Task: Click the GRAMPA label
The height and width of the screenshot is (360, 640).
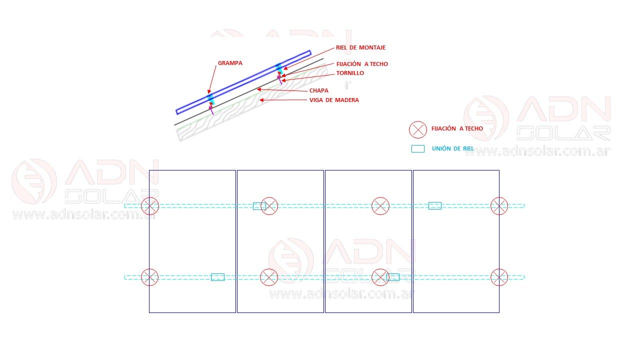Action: pos(230,63)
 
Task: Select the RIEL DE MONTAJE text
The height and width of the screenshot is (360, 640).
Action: pos(360,47)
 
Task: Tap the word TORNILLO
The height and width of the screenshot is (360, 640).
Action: pos(350,73)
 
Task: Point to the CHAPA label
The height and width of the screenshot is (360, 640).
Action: pos(318,90)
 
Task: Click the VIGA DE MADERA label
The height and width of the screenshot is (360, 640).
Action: pos(334,100)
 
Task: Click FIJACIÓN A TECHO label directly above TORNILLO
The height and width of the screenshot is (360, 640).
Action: pos(362,64)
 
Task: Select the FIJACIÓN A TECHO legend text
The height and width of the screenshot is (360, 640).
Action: pos(457,128)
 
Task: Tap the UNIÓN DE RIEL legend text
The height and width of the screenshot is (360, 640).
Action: pos(453,148)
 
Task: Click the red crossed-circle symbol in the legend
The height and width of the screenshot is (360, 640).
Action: pos(417,129)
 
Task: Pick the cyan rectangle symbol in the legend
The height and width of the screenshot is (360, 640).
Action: pos(417,148)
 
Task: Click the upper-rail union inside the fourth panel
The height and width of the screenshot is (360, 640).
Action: pos(435,205)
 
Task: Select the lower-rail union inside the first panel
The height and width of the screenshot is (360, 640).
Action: pos(217,277)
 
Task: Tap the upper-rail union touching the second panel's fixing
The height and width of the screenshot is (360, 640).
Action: pos(259,206)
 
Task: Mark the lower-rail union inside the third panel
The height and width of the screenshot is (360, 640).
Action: pos(393,277)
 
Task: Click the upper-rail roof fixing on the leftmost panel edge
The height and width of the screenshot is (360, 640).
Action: pos(150,206)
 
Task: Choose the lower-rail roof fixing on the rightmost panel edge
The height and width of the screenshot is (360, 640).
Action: pos(499,277)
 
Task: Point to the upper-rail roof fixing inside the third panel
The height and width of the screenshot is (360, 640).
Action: pos(380,206)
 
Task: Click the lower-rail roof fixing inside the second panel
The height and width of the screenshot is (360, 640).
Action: pos(269,277)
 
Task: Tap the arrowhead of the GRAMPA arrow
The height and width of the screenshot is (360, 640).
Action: pos(209,91)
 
